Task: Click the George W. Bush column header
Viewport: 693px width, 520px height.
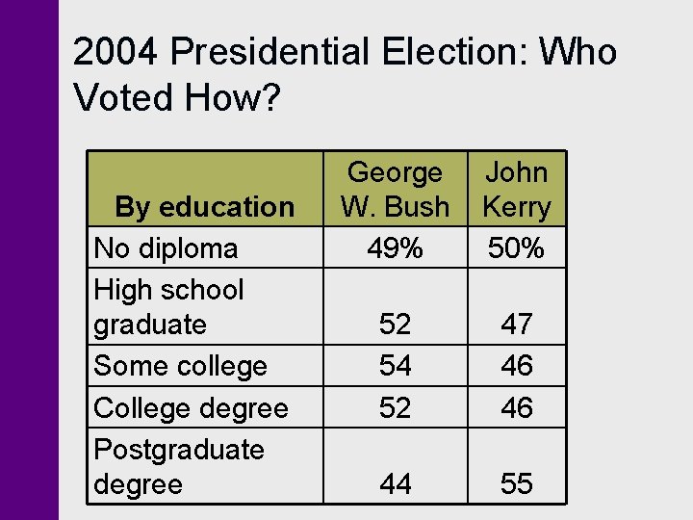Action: (x=395, y=190)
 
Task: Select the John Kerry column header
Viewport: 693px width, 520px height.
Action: (x=517, y=190)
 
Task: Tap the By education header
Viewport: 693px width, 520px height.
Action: (x=204, y=207)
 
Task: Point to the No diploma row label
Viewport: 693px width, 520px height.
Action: (x=166, y=248)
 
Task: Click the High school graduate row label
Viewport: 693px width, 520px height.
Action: (x=168, y=306)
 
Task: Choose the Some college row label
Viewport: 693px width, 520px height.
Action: (x=180, y=366)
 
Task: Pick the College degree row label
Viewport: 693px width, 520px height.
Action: (x=191, y=408)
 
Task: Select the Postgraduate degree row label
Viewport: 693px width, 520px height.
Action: (x=178, y=466)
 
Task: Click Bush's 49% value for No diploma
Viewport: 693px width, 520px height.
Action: (x=395, y=248)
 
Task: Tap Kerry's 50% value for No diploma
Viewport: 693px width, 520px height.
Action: (x=517, y=248)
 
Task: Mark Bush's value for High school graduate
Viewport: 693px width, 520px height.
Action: (x=395, y=325)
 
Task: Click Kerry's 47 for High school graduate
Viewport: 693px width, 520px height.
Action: (x=517, y=325)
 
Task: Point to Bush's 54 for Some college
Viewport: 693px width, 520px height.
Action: (x=395, y=366)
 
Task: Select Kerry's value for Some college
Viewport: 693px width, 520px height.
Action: (x=517, y=366)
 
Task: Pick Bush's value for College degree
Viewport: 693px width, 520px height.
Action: (x=395, y=408)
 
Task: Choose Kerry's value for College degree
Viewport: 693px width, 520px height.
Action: (x=517, y=408)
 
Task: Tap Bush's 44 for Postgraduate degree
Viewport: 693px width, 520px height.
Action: (x=395, y=484)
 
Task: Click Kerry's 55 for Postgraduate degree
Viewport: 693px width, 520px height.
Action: (x=517, y=484)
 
